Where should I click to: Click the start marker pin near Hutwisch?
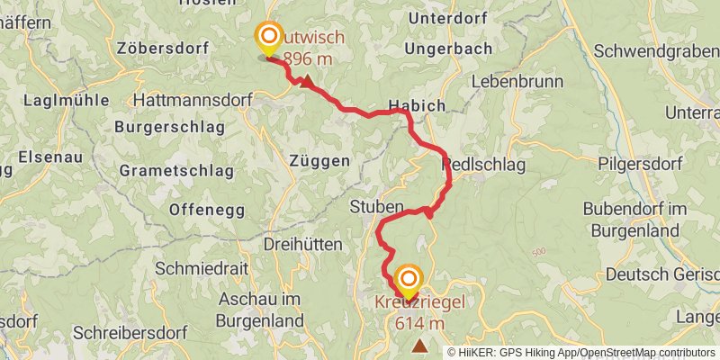(x=268, y=39)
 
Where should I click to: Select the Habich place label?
(x=417, y=105)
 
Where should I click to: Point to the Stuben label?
(x=376, y=207)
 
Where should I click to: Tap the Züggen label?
(x=319, y=160)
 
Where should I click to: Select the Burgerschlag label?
(x=169, y=127)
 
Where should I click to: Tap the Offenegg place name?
(x=205, y=210)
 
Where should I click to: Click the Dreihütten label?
(x=302, y=244)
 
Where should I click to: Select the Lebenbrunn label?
(x=515, y=82)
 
